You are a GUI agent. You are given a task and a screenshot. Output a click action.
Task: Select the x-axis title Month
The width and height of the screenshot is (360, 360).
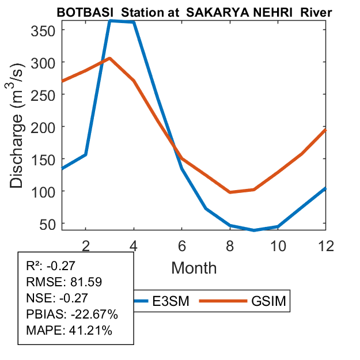(x=194, y=267)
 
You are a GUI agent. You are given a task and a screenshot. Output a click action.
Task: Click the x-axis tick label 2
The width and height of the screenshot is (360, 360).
(x=86, y=245)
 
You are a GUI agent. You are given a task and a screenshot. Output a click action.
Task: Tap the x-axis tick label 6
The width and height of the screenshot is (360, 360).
(x=182, y=245)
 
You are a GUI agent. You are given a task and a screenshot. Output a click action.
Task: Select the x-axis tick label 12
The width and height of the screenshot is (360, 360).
(x=325, y=245)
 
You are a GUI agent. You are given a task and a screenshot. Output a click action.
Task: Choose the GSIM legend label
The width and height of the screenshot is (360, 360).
(x=268, y=301)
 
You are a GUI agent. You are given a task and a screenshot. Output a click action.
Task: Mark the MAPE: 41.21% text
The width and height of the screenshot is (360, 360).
(x=69, y=331)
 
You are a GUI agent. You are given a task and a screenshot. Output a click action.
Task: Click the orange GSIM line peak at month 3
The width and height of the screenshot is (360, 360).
(x=110, y=58)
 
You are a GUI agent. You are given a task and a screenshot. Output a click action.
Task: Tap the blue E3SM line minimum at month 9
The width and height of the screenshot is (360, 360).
(x=253, y=230)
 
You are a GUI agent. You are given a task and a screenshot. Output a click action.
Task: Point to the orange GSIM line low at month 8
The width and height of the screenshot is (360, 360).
(x=230, y=192)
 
